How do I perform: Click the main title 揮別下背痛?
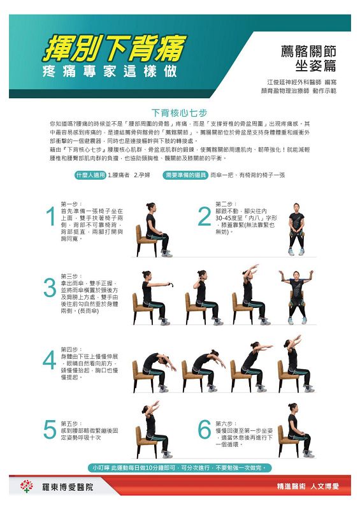[115, 48]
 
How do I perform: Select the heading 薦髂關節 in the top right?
[308, 52]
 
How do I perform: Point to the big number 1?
[50, 217]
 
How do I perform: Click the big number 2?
[205, 217]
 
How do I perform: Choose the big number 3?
[50, 288]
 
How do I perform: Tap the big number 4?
[50, 361]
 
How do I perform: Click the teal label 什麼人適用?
[89, 174]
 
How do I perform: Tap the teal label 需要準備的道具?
[185, 174]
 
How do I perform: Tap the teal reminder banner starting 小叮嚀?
[180, 468]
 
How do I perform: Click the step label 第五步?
[70, 423]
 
